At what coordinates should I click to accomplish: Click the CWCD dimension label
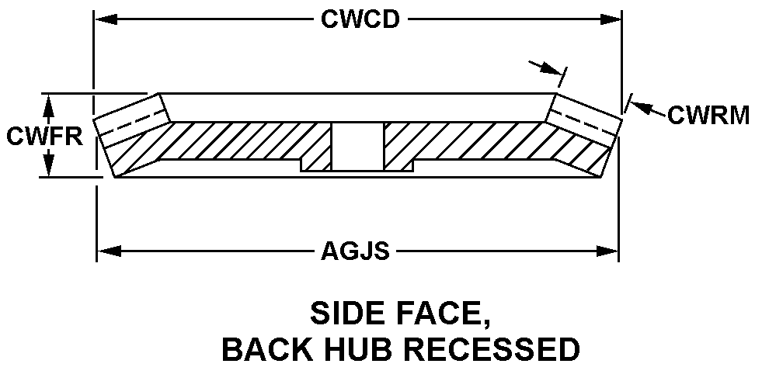pos(360,19)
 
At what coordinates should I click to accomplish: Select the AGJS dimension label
pos(355,251)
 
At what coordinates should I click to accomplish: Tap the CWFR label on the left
pos(44,136)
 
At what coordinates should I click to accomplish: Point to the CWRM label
pos(708,116)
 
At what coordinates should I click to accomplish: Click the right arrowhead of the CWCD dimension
pos(614,19)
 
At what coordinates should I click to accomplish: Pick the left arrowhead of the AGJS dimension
pos(104,251)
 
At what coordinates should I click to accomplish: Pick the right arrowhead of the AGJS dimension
pos(611,251)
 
